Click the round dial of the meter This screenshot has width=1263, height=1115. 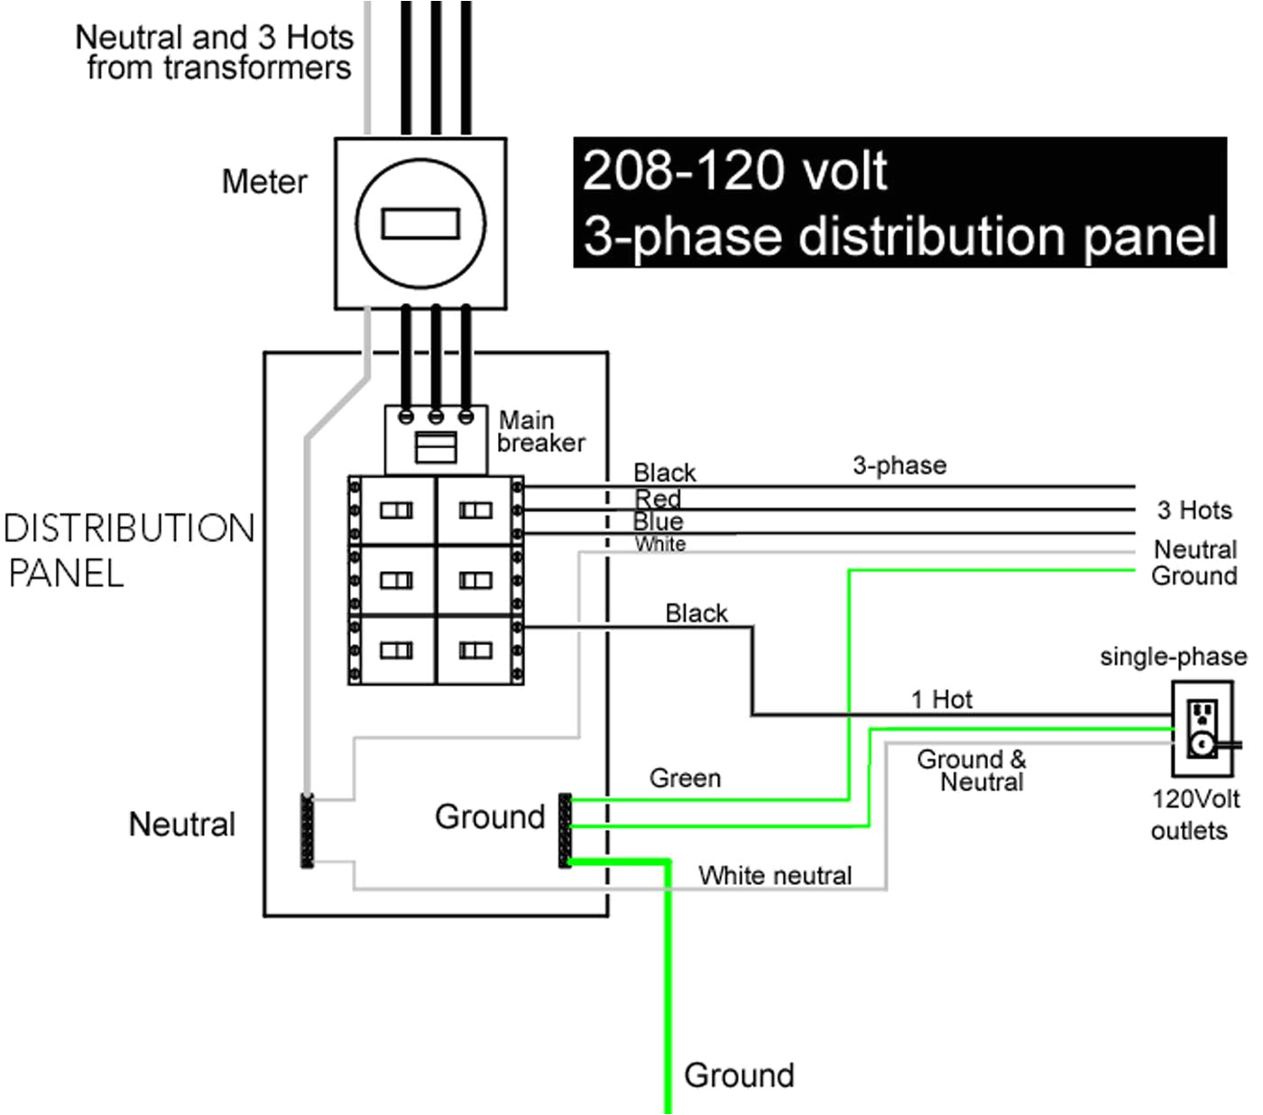click(420, 224)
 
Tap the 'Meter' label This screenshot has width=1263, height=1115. click(264, 182)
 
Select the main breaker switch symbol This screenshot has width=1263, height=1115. click(436, 447)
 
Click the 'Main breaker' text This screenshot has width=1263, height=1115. click(540, 432)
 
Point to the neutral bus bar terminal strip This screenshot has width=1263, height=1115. click(308, 831)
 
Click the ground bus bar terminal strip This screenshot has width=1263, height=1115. click(566, 831)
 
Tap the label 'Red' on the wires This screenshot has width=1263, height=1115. click(658, 499)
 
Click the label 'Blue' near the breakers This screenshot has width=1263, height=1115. click(658, 521)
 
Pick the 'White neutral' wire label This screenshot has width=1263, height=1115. click(775, 876)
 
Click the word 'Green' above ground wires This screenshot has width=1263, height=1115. click(685, 779)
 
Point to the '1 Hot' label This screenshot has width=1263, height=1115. click(941, 700)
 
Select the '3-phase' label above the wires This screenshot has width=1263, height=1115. click(899, 465)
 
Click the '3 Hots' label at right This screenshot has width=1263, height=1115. click(1194, 511)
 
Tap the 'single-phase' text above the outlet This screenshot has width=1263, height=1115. click(1173, 657)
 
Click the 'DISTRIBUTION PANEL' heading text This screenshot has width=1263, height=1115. click(129, 550)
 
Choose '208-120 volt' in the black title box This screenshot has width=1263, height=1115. click(734, 170)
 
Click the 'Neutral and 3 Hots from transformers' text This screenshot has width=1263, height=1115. click(215, 52)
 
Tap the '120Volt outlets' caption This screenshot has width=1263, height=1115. click(1194, 815)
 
